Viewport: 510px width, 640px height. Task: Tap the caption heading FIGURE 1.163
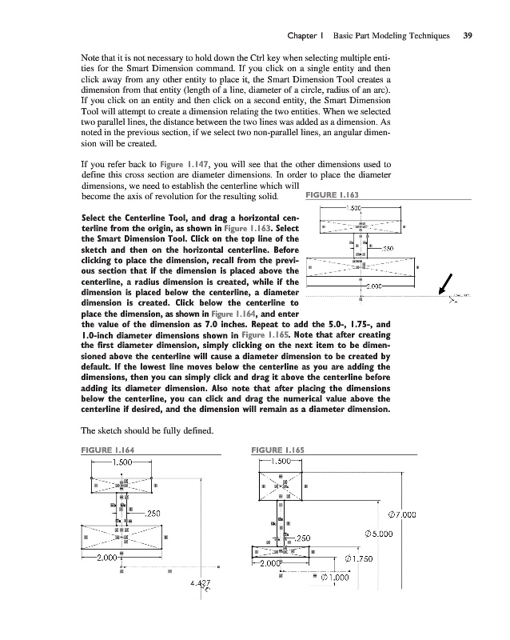point(333,196)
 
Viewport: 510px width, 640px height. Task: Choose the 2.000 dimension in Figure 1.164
point(109,557)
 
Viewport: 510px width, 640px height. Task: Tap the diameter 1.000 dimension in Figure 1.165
point(339,577)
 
